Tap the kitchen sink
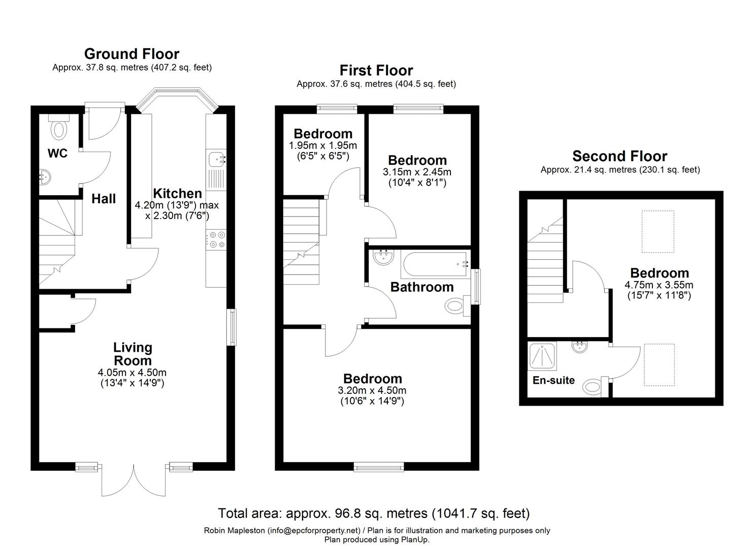point(216,160)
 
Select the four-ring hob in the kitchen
point(216,239)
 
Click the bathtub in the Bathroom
point(436,264)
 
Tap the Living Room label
point(133,354)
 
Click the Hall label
point(104,199)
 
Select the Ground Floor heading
point(132,54)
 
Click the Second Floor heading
point(619,156)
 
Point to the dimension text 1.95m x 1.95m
point(323,145)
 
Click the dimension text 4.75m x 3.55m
point(659,285)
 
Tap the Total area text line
point(374,513)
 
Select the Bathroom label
point(421,287)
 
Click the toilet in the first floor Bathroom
point(455,306)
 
